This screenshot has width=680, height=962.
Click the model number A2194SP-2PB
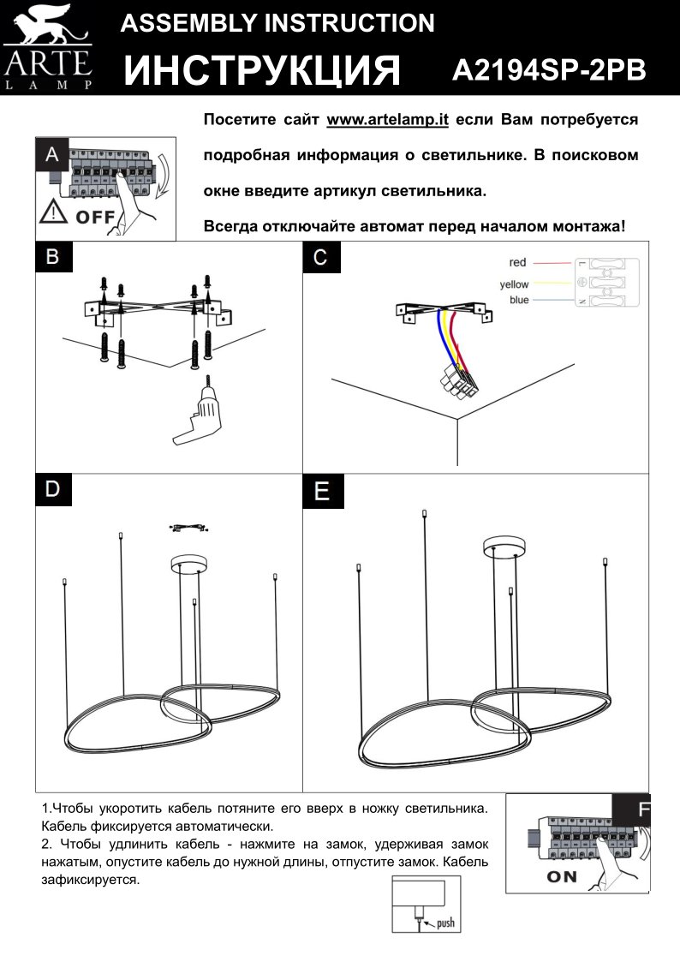pyautogui.click(x=549, y=70)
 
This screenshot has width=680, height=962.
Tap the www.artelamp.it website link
pyautogui.click(x=388, y=120)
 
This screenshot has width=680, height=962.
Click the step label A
pyautogui.click(x=52, y=154)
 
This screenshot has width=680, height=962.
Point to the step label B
pyautogui.click(x=52, y=257)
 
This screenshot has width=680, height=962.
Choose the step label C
pyautogui.click(x=319, y=257)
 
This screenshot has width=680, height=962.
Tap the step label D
pyautogui.click(x=52, y=488)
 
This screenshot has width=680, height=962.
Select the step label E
pyautogui.click(x=321, y=491)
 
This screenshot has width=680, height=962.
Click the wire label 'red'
pyautogui.click(x=517, y=262)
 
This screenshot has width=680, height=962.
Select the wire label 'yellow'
pyautogui.click(x=514, y=284)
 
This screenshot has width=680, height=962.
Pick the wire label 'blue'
pyautogui.click(x=519, y=300)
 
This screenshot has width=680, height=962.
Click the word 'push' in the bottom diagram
pyautogui.click(x=444, y=923)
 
